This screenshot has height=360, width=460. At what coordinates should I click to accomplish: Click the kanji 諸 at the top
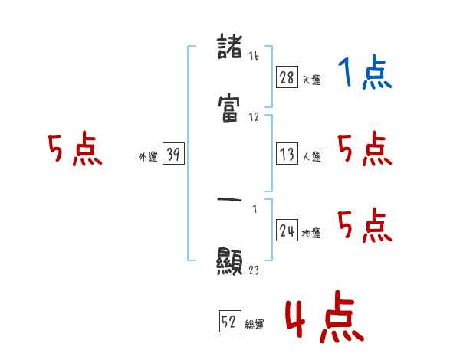pos(231,49)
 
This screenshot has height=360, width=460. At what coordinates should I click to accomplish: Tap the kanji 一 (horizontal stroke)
pos(231,200)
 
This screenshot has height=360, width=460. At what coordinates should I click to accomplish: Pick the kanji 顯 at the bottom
pos(231,262)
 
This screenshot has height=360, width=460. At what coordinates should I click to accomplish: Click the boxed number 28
pos(287,78)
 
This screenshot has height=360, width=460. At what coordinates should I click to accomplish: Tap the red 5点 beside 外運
pos(74,150)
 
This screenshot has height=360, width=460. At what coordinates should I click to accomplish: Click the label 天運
pos(312,80)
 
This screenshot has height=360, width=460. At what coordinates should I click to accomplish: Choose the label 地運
pos(312,233)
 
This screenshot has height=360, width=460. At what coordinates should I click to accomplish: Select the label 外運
pos(148,157)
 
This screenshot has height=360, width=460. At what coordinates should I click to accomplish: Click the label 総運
pos(255,324)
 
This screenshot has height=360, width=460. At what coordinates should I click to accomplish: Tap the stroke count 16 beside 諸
pos(254,55)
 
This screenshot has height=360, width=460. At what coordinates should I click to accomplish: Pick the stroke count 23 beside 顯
pos(254,269)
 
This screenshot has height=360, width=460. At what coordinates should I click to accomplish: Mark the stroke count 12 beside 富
pos(254,117)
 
